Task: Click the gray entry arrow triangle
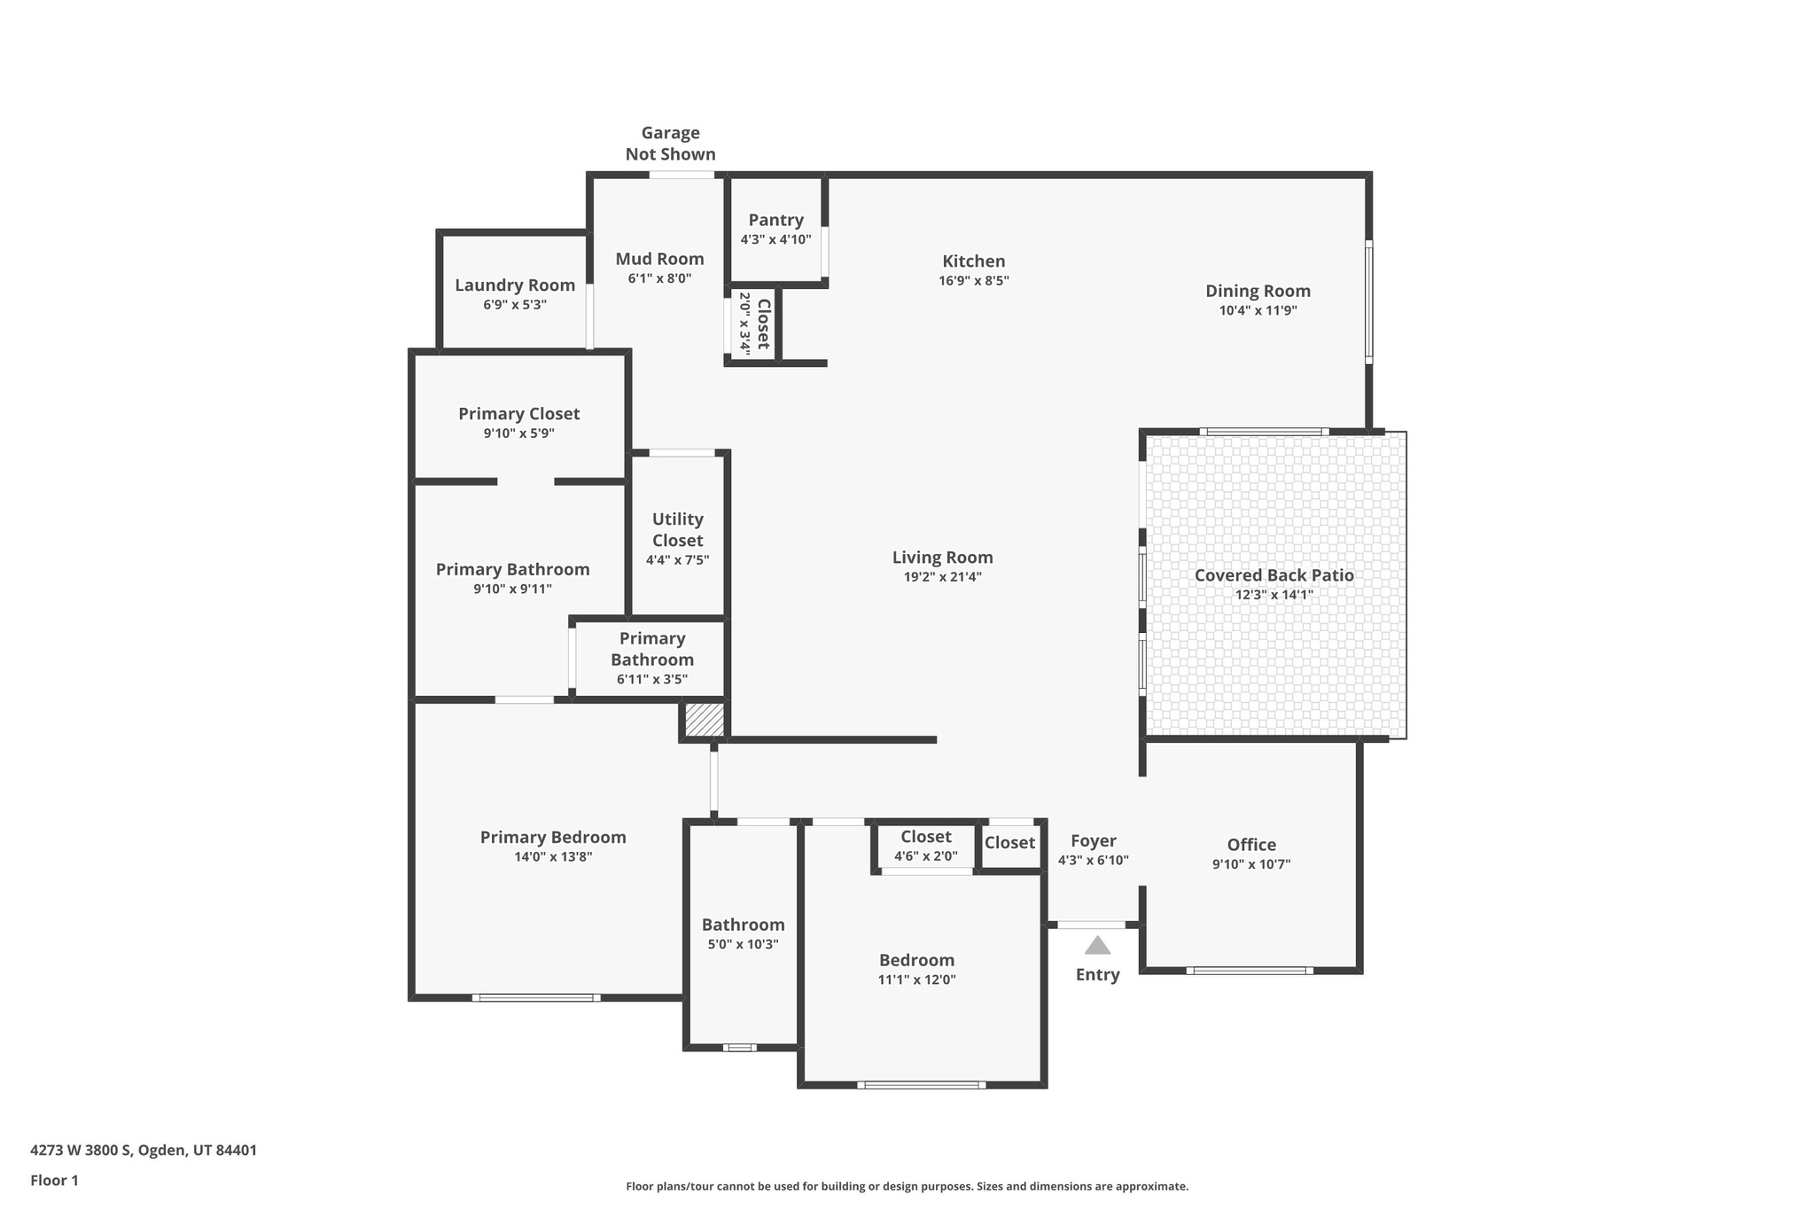1097,946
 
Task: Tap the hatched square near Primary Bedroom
705,719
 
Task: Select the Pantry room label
775,220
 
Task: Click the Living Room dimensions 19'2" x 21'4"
942,577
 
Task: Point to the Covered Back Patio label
1274,575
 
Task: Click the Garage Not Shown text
670,144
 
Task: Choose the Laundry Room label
515,285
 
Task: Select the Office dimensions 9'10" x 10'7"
1251,864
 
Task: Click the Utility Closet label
677,530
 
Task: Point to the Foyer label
1093,841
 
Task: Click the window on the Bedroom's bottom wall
921,1084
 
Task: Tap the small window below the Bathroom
739,1048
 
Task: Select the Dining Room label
1258,291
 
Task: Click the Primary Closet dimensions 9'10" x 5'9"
518,433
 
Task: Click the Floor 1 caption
54,1181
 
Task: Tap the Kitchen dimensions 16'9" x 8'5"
973,281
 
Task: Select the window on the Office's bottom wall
1250,971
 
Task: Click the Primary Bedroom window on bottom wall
535,998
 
